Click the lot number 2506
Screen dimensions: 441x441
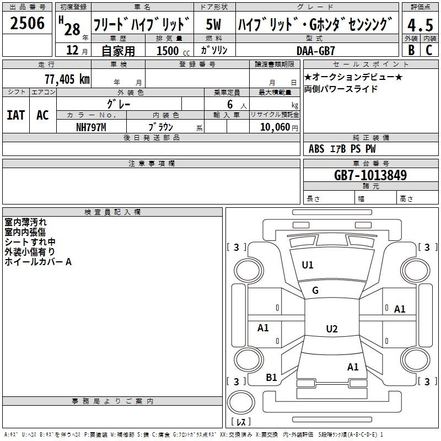[27, 23]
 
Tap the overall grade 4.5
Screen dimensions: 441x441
[420, 25]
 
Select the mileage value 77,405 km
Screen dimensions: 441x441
[67, 79]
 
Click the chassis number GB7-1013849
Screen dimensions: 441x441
[370, 175]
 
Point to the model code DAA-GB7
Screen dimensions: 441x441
[316, 51]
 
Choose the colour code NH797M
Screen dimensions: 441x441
[91, 127]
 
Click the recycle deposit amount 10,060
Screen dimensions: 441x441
[275, 127]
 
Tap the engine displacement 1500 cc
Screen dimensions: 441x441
[173, 51]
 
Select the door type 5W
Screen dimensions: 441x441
[213, 24]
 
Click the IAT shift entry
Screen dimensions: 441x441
[16, 115]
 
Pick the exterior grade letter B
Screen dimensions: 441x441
[411, 50]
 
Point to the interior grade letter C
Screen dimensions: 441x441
[429, 50]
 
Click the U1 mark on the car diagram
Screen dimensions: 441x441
[308, 265]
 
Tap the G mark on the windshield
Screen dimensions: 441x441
[315, 291]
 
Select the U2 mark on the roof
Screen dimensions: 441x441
[332, 329]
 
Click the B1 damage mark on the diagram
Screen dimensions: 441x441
[271, 378]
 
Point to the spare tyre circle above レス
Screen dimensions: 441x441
[241, 402]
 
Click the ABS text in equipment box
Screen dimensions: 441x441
[316, 149]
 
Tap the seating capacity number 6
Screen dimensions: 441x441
[230, 104]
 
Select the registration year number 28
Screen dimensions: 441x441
[72, 30]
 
